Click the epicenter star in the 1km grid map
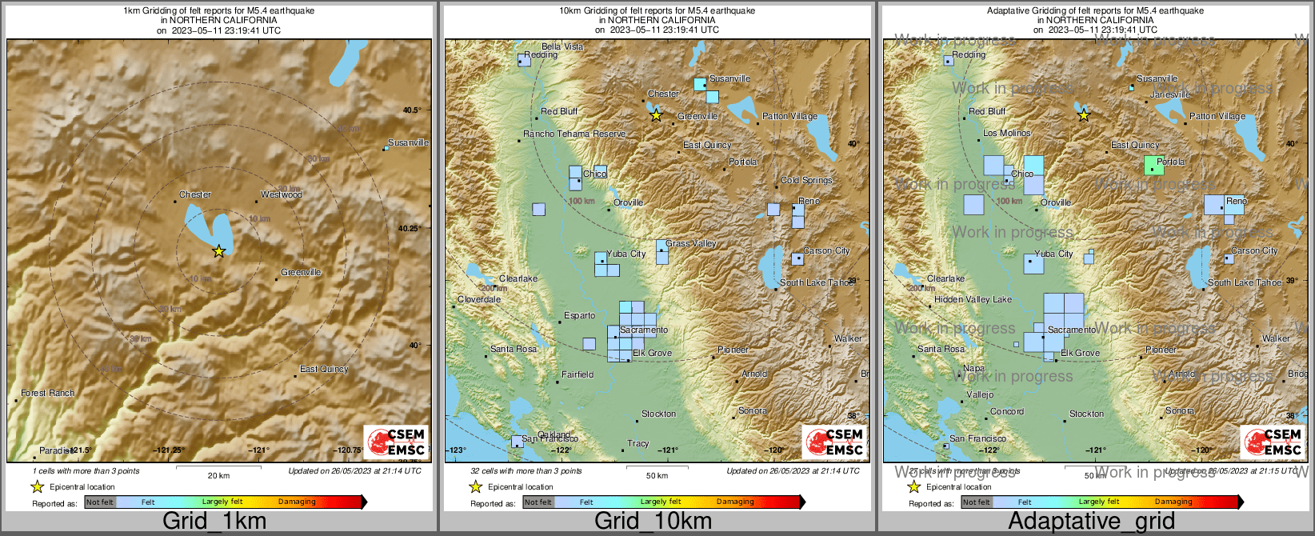coord(218,251)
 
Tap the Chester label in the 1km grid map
coord(195,194)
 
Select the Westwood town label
coord(281,194)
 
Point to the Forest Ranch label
coord(48,393)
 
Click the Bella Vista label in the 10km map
coord(562,46)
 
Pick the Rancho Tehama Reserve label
coord(574,134)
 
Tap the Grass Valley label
coord(691,243)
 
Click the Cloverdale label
coord(479,299)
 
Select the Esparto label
coord(579,315)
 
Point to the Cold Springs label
coord(806,180)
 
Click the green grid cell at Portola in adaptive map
coord(1153,166)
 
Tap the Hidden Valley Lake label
coord(973,299)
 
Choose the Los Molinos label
coord(1007,133)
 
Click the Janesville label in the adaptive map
coord(1170,94)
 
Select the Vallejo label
coord(980,394)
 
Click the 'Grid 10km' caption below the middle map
coord(653,521)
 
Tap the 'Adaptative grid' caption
coord(1091,521)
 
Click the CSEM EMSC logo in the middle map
coord(835,442)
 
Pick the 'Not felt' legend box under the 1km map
coord(100,502)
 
